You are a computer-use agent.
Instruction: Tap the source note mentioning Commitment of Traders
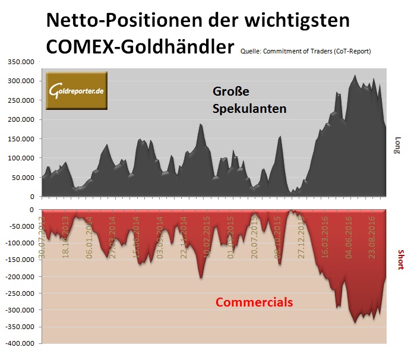click(x=306, y=52)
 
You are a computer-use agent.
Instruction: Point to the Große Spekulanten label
click(x=249, y=100)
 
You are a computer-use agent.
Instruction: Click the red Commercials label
click(x=254, y=302)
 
